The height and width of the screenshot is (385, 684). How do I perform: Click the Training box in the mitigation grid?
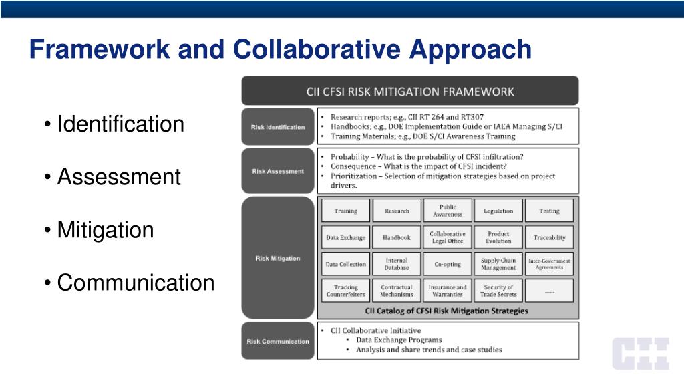coord(346,211)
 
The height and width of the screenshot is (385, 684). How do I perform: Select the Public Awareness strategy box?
coord(448,211)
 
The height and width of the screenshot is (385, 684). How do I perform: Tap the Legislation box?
coord(498,211)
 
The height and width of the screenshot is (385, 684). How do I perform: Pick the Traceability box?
coord(549,237)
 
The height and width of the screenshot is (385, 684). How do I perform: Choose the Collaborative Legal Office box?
coord(448,237)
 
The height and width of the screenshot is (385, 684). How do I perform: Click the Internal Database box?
coord(397,264)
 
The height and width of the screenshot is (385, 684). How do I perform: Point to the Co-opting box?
coord(448,264)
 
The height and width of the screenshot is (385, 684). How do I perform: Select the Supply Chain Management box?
coord(498,264)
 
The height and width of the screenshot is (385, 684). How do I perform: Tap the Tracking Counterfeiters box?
coord(346,291)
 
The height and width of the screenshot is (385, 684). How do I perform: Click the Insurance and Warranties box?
coord(448,291)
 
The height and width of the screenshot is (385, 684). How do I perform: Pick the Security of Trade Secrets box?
coord(498,291)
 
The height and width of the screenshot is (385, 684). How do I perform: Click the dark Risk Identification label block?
coord(278,127)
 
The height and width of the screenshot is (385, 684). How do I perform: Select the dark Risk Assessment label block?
coord(278,171)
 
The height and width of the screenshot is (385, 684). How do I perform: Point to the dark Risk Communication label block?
coord(278,341)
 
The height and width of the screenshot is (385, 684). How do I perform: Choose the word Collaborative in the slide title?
coord(317,49)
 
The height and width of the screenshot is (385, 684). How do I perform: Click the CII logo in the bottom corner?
coord(641,354)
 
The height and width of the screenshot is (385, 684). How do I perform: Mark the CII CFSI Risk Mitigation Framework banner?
coord(410,91)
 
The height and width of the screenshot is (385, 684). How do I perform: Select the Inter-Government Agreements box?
coord(549,264)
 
